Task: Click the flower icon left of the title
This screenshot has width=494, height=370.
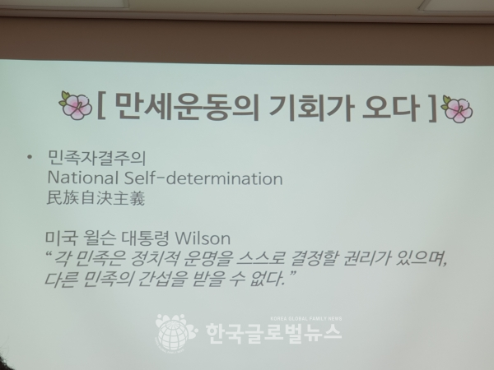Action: pos(75,105)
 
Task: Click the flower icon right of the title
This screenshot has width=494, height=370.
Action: pos(457,109)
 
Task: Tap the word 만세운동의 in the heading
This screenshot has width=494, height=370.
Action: pos(187,107)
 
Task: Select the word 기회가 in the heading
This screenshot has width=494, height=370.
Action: pos(310,108)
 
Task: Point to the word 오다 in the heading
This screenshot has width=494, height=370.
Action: pos(390,109)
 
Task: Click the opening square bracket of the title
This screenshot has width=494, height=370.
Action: pos(101,106)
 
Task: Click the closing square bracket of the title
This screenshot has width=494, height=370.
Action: pos(432,109)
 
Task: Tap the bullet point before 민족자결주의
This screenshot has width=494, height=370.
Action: pos(30,157)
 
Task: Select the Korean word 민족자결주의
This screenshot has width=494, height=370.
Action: pos(96,158)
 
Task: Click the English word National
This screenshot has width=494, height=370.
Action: pos(83,178)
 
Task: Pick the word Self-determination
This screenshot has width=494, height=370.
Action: pos(203,178)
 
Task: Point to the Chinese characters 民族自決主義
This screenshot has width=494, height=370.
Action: pos(96,198)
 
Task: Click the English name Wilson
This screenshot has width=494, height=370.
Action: pos(203,238)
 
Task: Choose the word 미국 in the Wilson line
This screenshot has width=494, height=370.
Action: pos(61,238)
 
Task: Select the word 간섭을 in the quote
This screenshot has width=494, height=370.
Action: pos(161,279)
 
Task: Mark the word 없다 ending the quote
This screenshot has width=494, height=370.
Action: pos(268,279)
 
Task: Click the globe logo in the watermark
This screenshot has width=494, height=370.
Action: pos(175,332)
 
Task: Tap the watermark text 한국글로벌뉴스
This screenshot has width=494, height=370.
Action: pos(274,333)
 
